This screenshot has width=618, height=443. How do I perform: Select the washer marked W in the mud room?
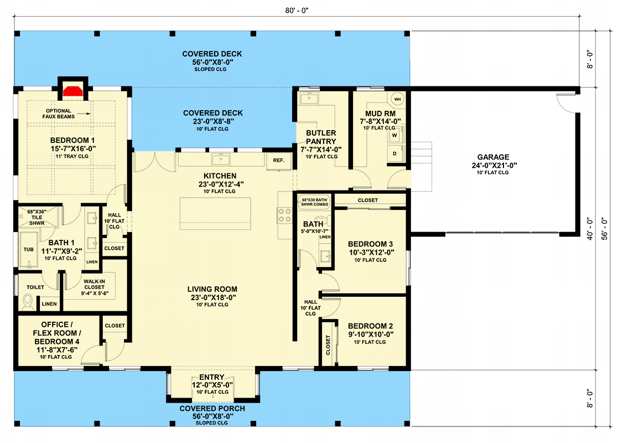point(395,135)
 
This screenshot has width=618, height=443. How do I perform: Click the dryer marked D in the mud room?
point(395,153)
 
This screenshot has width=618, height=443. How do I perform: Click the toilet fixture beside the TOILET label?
point(28,302)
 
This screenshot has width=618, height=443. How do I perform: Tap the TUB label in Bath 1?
point(28,250)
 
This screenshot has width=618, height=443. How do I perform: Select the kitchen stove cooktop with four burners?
point(284,215)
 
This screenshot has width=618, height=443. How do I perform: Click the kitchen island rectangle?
point(215,213)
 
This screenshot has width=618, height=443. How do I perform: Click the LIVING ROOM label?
point(212,289)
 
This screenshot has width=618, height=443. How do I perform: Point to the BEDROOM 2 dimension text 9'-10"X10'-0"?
point(370,334)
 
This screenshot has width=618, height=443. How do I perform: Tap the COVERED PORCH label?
point(212,409)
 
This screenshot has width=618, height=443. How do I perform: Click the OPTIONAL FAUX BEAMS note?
point(58,114)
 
